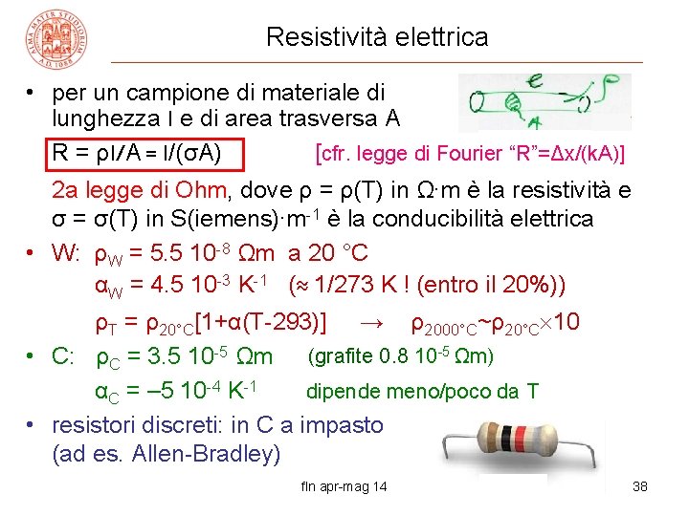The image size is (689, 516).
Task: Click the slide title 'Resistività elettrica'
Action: (377, 37)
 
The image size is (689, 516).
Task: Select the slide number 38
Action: (640, 487)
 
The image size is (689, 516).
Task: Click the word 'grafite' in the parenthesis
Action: (339, 357)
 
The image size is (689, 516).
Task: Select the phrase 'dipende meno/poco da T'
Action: (422, 391)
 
